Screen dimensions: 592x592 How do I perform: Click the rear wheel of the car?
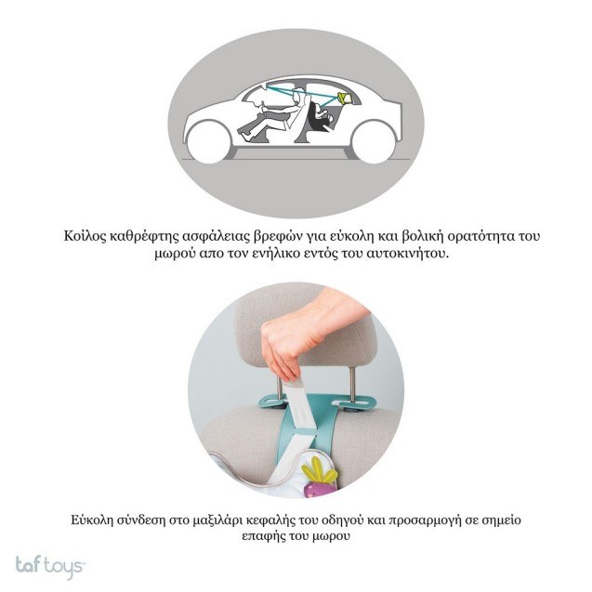[373, 142]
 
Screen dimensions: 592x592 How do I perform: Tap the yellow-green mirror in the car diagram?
[346, 98]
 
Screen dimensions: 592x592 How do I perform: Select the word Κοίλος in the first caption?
[85, 236]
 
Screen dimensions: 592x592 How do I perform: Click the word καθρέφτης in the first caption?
[143, 236]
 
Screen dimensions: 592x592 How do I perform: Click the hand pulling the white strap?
[302, 333]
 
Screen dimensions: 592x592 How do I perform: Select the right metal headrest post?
[352, 384]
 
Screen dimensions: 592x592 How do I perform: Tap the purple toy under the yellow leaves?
[316, 489]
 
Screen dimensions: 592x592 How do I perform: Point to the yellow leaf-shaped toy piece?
[318, 470]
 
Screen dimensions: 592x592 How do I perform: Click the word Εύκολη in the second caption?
[92, 520]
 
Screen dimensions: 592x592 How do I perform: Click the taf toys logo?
[50, 566]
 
